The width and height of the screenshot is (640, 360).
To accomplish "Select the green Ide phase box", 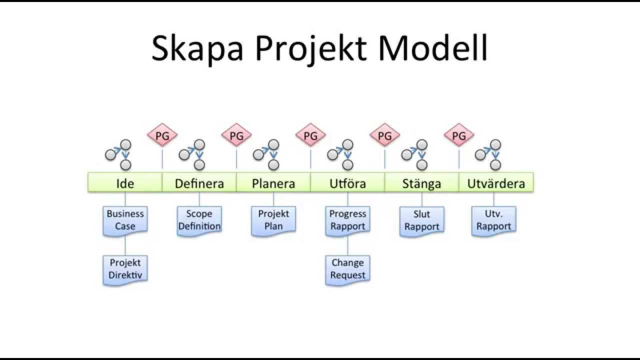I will click(125, 183).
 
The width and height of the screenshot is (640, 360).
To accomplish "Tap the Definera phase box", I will click(199, 183).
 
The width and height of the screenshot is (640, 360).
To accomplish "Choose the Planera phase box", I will click(273, 183).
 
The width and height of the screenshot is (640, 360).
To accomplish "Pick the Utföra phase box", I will click(347, 183).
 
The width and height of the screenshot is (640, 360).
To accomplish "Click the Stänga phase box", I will click(421, 183).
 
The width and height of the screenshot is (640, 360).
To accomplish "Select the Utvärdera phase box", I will click(496, 183).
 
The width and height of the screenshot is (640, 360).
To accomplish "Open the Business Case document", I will click(125, 220).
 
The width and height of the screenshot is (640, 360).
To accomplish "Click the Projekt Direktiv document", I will click(125, 269).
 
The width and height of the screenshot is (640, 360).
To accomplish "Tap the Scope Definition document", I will click(199, 220).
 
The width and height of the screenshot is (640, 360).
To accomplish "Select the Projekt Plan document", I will click(273, 220).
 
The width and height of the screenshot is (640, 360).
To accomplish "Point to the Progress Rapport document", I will click(347, 220).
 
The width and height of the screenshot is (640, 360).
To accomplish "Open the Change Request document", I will click(347, 269).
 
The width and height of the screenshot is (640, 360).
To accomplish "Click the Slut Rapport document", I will click(421, 220).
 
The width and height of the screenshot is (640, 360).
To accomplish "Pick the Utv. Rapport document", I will click(493, 220).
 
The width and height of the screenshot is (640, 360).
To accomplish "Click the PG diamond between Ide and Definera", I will click(162, 135).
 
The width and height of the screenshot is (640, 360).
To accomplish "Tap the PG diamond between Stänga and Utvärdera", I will click(458, 135).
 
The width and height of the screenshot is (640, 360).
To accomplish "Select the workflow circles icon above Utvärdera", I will click(488, 154).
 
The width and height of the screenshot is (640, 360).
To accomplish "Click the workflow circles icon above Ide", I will click(119, 154).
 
